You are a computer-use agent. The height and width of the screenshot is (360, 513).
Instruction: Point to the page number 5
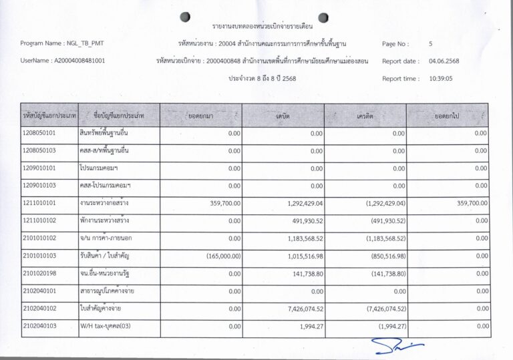click(431, 43)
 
